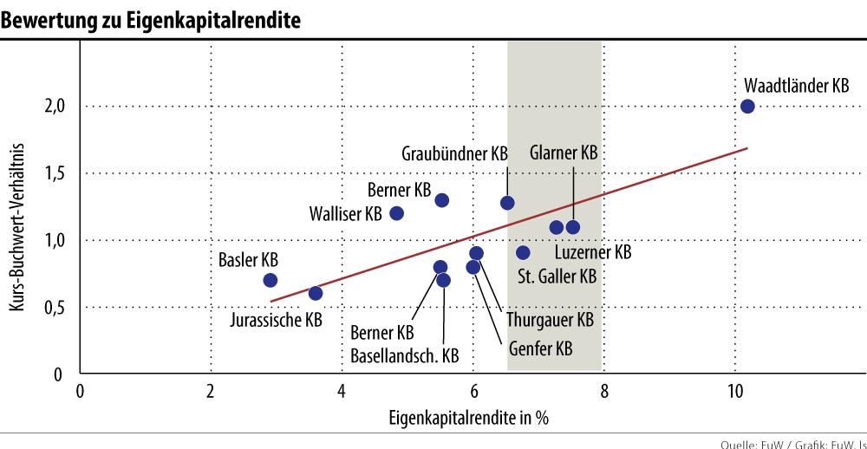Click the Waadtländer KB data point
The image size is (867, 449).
coord(747,107)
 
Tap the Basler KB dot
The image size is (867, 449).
coord(270,280)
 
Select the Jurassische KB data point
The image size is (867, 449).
coord(316,293)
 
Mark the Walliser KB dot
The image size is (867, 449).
coord(397,213)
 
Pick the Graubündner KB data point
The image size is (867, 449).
coord(507,203)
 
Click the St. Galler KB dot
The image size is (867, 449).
coord(523,253)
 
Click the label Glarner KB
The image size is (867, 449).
coord(564,153)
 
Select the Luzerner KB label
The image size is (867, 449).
coord(592,253)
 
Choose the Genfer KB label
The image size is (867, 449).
coord(540,350)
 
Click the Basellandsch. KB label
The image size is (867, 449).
coord(405,355)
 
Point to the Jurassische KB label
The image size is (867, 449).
coord(277,320)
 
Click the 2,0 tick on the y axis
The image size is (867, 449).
coord(55,107)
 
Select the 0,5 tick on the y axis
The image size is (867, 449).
coord(55,307)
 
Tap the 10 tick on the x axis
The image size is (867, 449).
coord(734,389)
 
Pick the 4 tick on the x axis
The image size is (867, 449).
coord(342,389)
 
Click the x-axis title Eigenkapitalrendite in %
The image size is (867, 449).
coord(468,417)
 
